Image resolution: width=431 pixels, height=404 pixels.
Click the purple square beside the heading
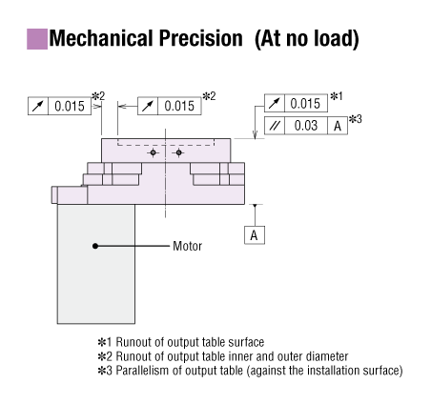tap(37, 39)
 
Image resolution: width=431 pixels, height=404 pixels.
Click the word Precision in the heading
tap(201, 38)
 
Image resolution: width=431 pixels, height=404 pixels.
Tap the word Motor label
tap(187, 246)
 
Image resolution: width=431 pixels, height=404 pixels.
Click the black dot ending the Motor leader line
tap(95, 246)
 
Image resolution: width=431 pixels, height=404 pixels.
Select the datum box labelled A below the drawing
tap(255, 235)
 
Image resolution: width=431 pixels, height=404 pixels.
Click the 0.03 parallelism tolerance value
tap(306, 126)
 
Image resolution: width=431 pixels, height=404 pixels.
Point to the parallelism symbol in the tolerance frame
tap(275, 126)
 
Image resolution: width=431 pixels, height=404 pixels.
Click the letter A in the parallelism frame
tap(338, 126)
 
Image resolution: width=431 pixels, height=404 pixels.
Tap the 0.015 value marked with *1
tap(305, 104)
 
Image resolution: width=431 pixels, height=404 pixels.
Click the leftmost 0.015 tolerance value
tap(70, 106)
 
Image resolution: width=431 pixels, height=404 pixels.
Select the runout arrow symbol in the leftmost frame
tap(38, 106)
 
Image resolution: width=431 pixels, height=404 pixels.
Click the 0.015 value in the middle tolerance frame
tap(179, 106)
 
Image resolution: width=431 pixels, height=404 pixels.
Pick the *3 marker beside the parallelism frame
tap(356, 119)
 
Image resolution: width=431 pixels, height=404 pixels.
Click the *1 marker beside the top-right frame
tap(337, 96)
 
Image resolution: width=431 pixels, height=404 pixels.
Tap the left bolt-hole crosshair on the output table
tap(153, 152)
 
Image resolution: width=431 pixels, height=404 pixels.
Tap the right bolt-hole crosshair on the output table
tap(178, 152)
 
